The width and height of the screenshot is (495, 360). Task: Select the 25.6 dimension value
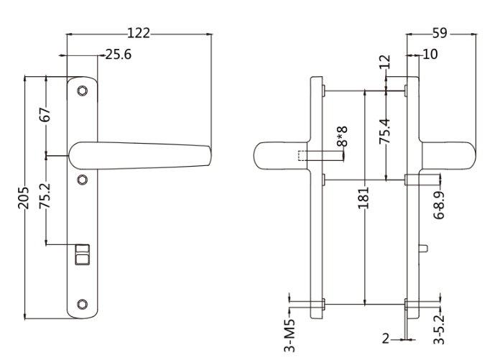[x=119, y=55]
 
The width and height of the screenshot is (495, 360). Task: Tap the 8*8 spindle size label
[x=343, y=136]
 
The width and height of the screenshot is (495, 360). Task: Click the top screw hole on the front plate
[x=82, y=91]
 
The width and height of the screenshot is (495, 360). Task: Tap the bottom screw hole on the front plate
[x=82, y=304]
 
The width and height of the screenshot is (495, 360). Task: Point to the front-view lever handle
[x=144, y=154]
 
